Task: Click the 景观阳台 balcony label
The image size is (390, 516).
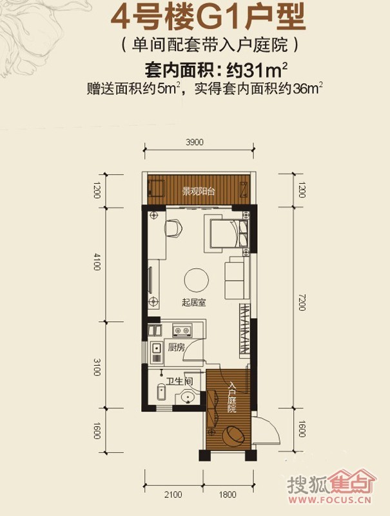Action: [199, 191]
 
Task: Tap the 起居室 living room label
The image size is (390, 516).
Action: [193, 302]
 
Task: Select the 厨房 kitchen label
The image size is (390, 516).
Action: [177, 347]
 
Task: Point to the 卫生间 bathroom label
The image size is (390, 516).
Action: [179, 381]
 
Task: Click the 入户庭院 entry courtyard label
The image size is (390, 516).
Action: [233, 397]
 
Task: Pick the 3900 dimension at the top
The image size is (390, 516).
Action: [195, 142]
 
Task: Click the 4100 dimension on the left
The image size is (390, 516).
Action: [96, 262]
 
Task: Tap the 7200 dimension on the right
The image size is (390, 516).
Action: [302, 302]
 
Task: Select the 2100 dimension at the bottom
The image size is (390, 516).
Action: [173, 495]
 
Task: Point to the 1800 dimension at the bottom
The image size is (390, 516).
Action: [227, 495]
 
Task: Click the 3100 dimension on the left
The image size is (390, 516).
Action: [96, 367]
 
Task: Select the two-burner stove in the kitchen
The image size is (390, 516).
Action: [182, 330]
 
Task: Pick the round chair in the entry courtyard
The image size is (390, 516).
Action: [233, 435]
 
